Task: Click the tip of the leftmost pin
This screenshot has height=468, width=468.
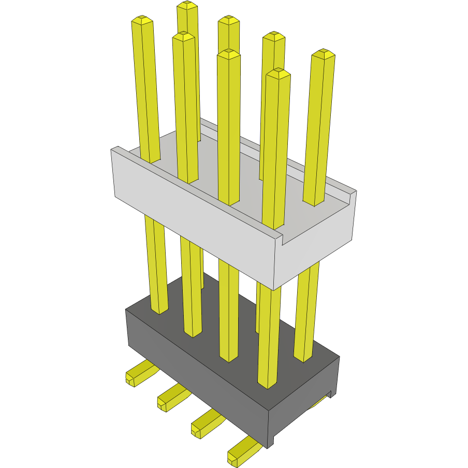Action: point(142,21)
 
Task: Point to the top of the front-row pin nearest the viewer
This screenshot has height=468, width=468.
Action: point(277,73)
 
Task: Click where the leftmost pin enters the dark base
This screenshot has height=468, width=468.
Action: point(159,310)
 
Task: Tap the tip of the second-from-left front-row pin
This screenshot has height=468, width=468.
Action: point(184,36)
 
